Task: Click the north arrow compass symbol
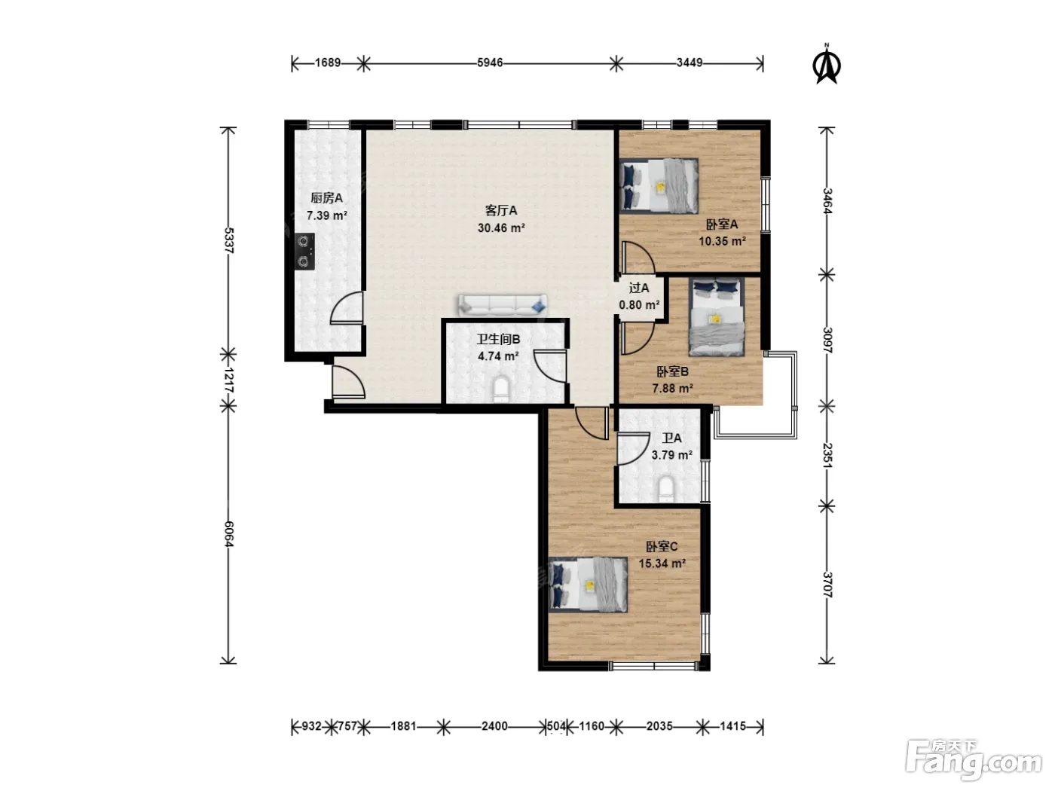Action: tap(827, 65)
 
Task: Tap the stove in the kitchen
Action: tap(304, 251)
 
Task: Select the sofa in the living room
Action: tap(503, 304)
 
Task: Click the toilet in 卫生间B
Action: tap(501, 389)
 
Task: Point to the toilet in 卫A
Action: tap(666, 488)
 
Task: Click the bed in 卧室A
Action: tap(659, 185)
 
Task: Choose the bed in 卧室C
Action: tap(588, 585)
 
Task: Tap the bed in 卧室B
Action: tap(717, 317)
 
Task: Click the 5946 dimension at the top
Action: tap(490, 63)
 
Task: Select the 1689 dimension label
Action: tap(328, 63)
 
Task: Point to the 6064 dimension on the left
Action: tap(229, 533)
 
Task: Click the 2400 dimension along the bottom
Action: tap(494, 725)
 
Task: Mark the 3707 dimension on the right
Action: tap(827, 585)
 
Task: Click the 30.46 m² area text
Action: tap(501, 228)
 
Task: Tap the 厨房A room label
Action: tap(326, 198)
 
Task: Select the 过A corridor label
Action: tap(639, 288)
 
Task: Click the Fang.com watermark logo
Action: tap(974, 759)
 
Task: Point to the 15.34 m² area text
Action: tap(662, 563)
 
